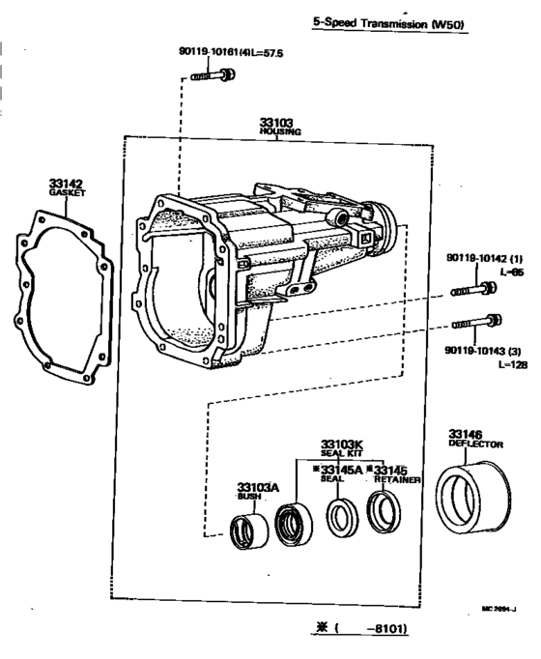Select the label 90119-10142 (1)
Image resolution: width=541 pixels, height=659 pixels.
pyautogui.click(x=482, y=259)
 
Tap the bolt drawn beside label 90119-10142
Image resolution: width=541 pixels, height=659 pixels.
pyautogui.click(x=472, y=288)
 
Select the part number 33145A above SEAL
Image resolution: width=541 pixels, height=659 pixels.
pyautogui.click(x=338, y=470)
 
